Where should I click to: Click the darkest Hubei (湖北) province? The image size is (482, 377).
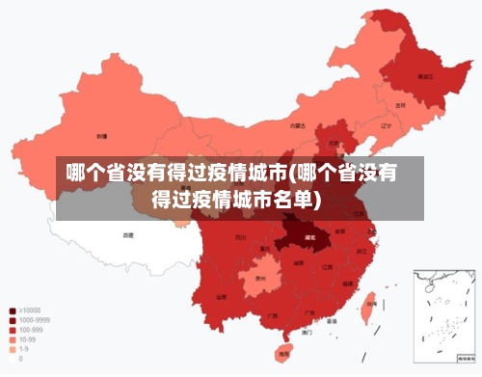[x=309, y=235]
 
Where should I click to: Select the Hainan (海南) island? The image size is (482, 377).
[x=283, y=354]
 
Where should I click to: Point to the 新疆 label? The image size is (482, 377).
[x=101, y=137]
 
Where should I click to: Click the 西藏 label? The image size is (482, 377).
[x=128, y=234]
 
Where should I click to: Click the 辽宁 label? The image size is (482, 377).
[x=386, y=125]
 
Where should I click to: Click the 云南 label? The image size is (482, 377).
[x=221, y=297]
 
